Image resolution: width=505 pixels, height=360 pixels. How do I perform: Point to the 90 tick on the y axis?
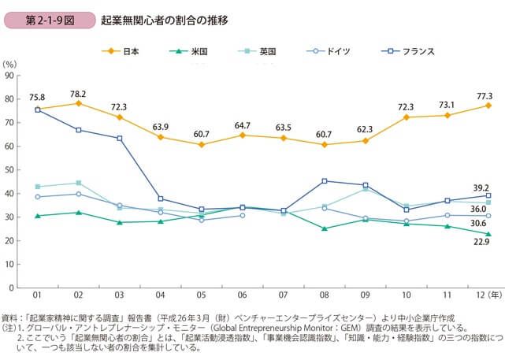tap(10, 76)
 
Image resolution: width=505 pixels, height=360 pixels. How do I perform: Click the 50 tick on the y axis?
tap(10, 170)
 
